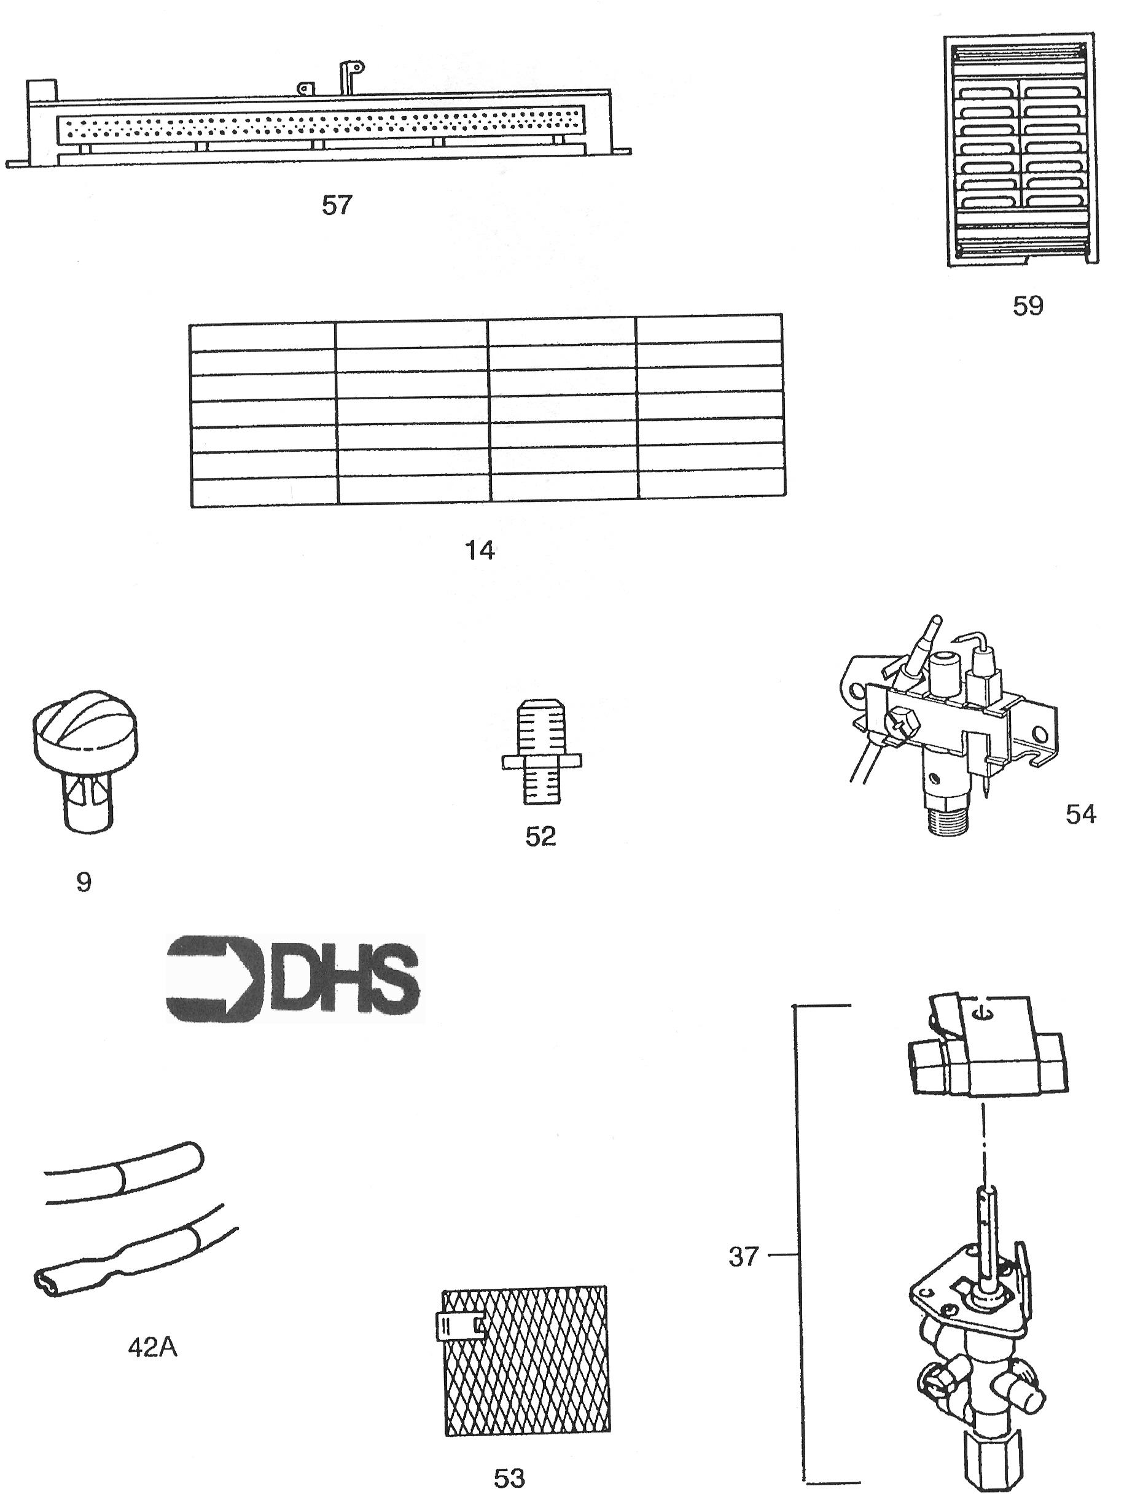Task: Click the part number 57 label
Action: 337,205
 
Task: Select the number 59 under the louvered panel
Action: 1027,306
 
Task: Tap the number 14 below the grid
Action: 480,550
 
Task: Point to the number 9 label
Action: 83,882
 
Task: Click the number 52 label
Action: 540,837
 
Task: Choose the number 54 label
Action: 1081,814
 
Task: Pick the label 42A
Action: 153,1348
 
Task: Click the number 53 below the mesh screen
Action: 509,1479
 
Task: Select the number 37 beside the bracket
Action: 743,1256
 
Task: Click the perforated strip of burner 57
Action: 321,124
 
